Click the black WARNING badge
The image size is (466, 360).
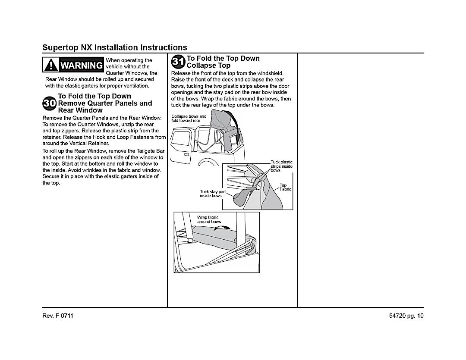(x=73, y=65)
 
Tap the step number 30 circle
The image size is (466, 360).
(x=50, y=103)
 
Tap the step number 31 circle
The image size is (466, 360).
(x=178, y=62)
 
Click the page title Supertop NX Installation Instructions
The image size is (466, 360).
(x=115, y=47)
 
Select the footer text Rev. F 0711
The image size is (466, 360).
(x=58, y=316)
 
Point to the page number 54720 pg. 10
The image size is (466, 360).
(x=406, y=316)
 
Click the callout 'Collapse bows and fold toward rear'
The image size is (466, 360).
(x=189, y=119)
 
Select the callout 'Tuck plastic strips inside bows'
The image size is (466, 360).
(x=281, y=166)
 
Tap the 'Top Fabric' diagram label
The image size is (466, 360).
(x=285, y=188)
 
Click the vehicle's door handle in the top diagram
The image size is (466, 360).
(x=186, y=154)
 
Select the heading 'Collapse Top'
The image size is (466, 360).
(x=208, y=66)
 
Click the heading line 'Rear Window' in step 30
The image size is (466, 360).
(x=80, y=110)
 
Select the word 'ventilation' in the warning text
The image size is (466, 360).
(x=135, y=86)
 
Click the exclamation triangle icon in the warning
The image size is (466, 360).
(x=51, y=65)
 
